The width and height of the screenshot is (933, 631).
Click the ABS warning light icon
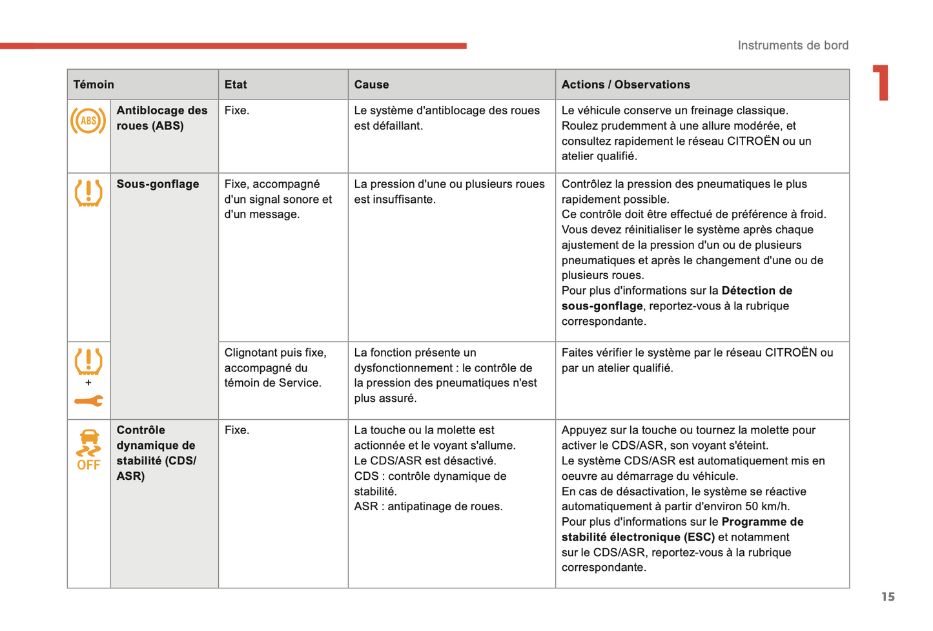point(88,121)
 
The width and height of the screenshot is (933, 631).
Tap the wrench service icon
point(88,401)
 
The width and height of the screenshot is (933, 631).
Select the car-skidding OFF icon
point(88,450)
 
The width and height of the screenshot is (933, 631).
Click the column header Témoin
point(94,85)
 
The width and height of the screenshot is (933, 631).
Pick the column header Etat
point(236,85)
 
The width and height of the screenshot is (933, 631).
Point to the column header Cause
point(371,85)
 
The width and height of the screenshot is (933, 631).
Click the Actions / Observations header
point(625,85)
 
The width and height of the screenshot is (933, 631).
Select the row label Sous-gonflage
point(158,184)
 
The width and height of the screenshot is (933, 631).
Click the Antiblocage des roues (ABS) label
point(161,118)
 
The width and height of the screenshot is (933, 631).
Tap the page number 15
point(888,597)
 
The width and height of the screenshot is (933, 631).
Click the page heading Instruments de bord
point(793,45)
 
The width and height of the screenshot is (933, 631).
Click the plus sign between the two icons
point(88,382)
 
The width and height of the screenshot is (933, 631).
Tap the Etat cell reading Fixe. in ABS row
point(236,110)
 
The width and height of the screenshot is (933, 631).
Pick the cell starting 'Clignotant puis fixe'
point(275,367)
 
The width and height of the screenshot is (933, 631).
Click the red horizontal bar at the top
point(232,46)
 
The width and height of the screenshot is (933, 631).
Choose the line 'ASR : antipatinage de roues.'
point(428,506)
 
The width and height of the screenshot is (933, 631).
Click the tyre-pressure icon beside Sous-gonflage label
point(88,192)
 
